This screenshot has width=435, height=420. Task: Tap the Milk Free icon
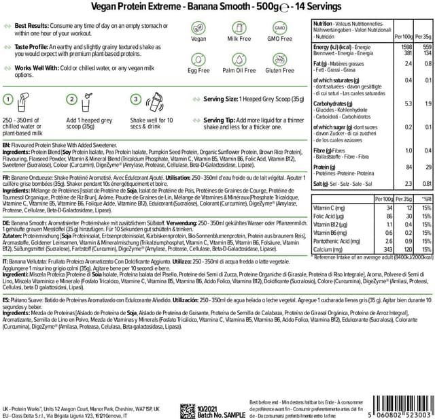[x=238, y=29]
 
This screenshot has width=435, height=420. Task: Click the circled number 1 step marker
[x=9, y=99]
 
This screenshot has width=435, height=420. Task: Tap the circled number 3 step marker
[x=136, y=99]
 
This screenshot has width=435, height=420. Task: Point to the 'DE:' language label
[x=7, y=221]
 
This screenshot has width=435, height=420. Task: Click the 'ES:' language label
[x=7, y=317]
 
